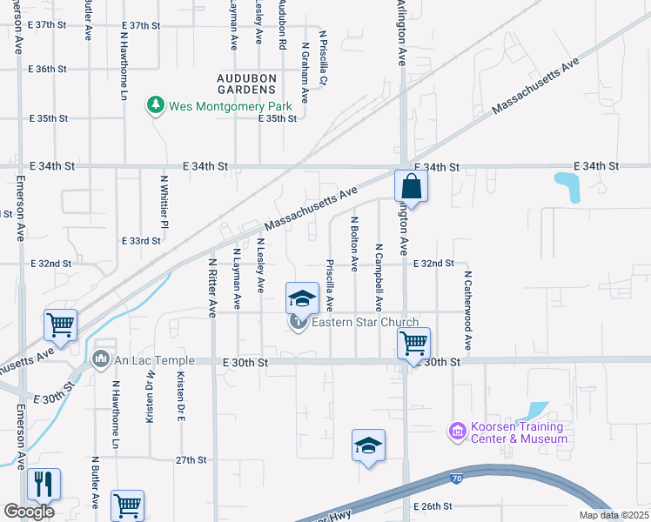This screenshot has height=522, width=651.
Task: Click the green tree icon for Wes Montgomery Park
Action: pos(156,105)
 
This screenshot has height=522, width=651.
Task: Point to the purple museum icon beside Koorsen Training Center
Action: pos(454,431)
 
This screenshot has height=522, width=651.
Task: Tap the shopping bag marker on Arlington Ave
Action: pos(411,186)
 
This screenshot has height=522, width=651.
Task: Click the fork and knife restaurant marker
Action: pos(44,483)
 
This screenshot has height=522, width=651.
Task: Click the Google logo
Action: pos(29,512)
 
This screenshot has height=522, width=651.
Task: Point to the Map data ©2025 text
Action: pos(613,515)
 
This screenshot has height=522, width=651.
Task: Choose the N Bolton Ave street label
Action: pos(355,244)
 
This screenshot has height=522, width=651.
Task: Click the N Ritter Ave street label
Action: pos(212,286)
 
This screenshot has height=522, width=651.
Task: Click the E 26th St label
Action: pos(433,505)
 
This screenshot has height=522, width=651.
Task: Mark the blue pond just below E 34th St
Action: pos(568,186)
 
